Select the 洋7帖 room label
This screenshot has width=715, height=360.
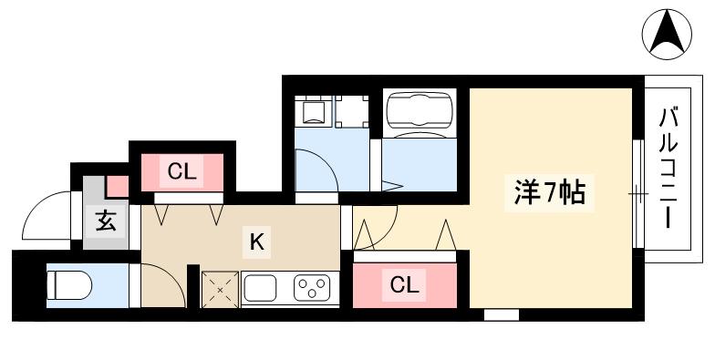pos(545,193)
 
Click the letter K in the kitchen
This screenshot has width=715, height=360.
pos(257,242)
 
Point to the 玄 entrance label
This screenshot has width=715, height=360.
pos(106,221)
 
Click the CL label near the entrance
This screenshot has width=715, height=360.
pos(182,170)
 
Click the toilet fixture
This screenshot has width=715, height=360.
pos(68,285)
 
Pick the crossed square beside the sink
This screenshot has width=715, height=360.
pos(219,290)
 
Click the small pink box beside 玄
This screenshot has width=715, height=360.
pos(118,187)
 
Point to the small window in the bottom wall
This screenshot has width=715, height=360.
pos(501,314)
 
